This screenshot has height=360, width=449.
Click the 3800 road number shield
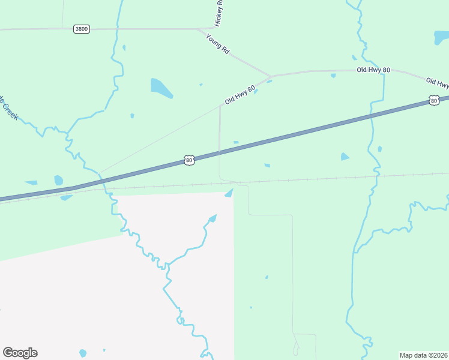click(x=82, y=29)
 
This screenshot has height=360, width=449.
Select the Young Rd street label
click(x=218, y=44)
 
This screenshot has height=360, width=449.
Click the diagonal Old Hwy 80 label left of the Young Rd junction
click(x=240, y=95)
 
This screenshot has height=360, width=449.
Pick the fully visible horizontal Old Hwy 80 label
click(x=373, y=70)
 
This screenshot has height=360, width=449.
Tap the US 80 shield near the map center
click(x=189, y=160)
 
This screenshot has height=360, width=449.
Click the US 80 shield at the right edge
click(x=433, y=100)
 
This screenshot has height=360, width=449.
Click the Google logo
click(x=20, y=353)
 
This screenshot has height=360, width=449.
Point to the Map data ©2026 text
click(x=423, y=355)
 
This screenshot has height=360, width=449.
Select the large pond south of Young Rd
click(x=161, y=88)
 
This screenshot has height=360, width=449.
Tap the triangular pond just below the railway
click(x=229, y=193)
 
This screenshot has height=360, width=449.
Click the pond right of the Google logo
click(x=83, y=353)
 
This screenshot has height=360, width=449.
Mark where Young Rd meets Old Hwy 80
click(x=271, y=76)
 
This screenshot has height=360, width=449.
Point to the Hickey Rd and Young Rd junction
click(x=200, y=29)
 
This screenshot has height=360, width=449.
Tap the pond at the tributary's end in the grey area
click(x=212, y=217)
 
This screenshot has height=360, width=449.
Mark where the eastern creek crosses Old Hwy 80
click(x=383, y=71)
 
